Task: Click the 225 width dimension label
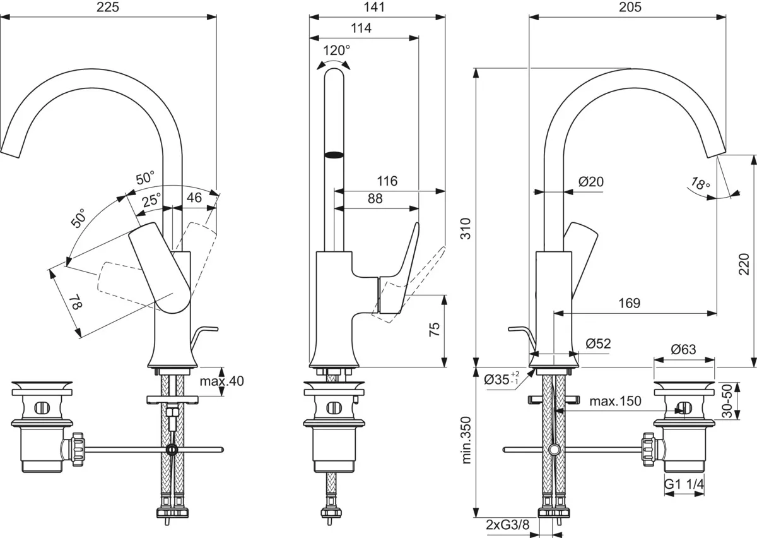coord(108,7)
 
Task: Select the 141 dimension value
coord(375,7)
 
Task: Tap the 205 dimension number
coord(630,7)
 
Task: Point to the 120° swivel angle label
coord(336,51)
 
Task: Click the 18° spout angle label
coord(700,184)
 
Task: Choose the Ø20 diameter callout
coord(591,182)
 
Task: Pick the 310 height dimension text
coord(466,229)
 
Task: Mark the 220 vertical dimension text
coord(744,264)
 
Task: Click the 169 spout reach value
coord(630,303)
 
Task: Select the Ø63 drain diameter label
coord(684,349)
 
